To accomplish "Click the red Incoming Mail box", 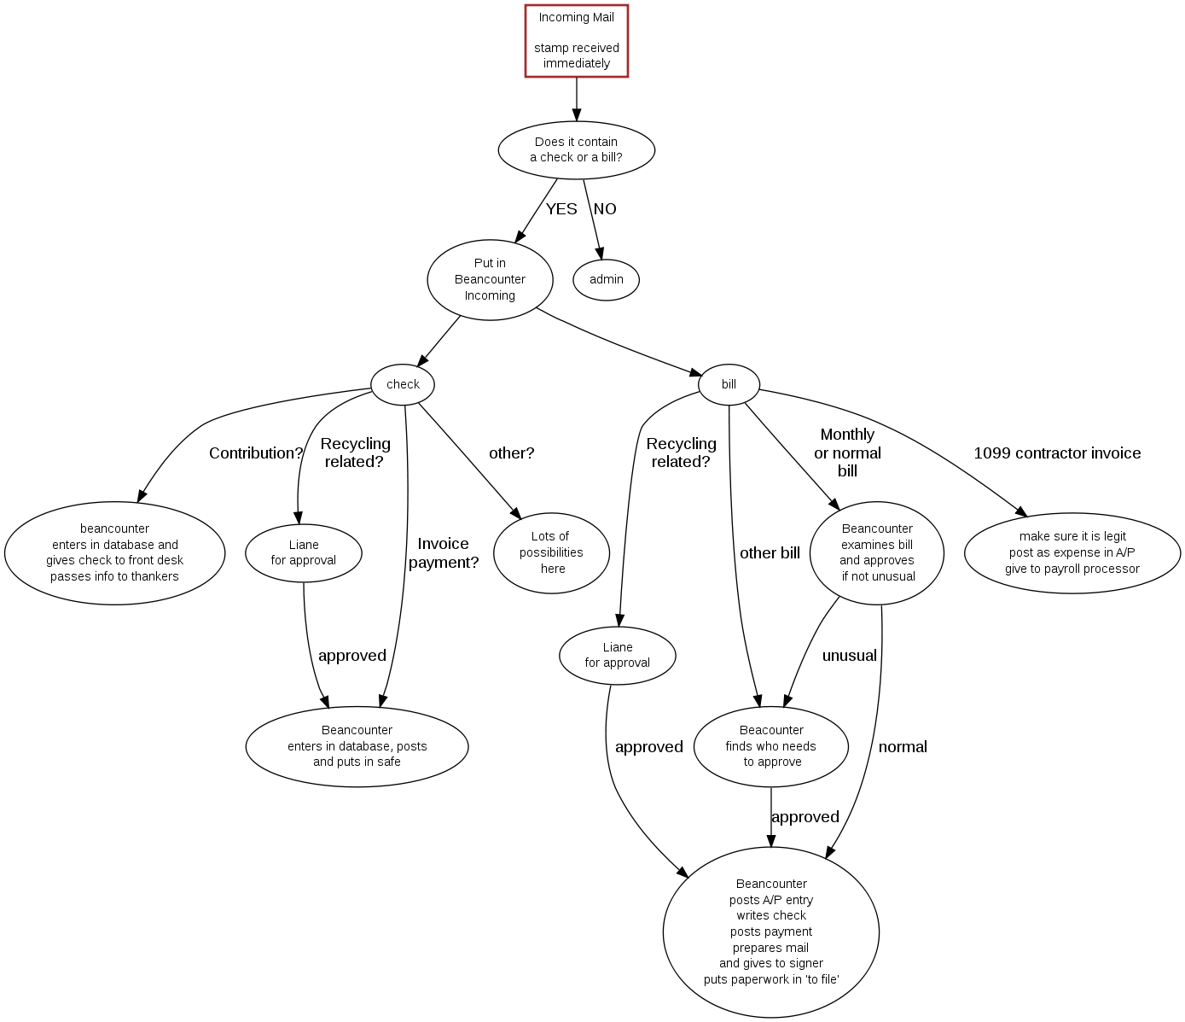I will pos(577,41).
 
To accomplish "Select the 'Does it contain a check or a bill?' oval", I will pos(577,150).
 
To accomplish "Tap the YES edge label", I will pos(561,209).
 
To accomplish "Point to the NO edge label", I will pos(605,209).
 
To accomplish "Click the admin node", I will pos(607,280).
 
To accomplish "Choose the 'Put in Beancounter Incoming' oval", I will pos(490,280).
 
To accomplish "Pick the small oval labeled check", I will pos(403,385).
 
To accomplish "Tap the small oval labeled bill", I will pos(729,385).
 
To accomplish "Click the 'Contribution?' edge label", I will pos(256,453).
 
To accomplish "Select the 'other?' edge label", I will pos(511,453).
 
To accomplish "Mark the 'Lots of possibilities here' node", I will pos(551,553).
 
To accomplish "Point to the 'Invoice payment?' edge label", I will pos(444,553).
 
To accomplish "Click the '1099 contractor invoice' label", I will pos(1057,453).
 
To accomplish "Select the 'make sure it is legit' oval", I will pos(1072,553).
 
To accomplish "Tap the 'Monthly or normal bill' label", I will pos(847,453).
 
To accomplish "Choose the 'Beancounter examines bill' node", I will pos(877,553).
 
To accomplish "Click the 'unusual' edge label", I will pos(849,656).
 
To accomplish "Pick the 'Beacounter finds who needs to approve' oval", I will pos(771,746).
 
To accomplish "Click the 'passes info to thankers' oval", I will pos(115,553).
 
